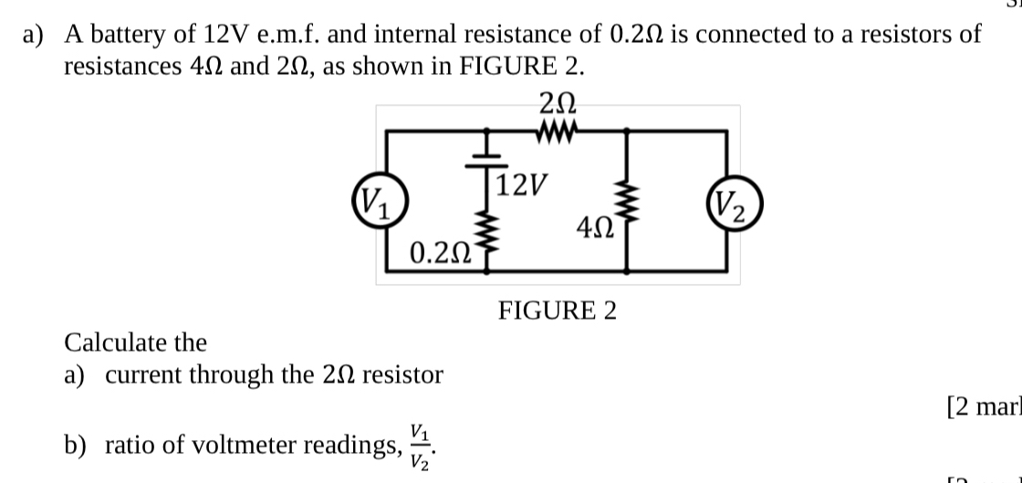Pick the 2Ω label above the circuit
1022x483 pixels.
[x=557, y=101]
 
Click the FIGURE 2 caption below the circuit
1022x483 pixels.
[x=557, y=311]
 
